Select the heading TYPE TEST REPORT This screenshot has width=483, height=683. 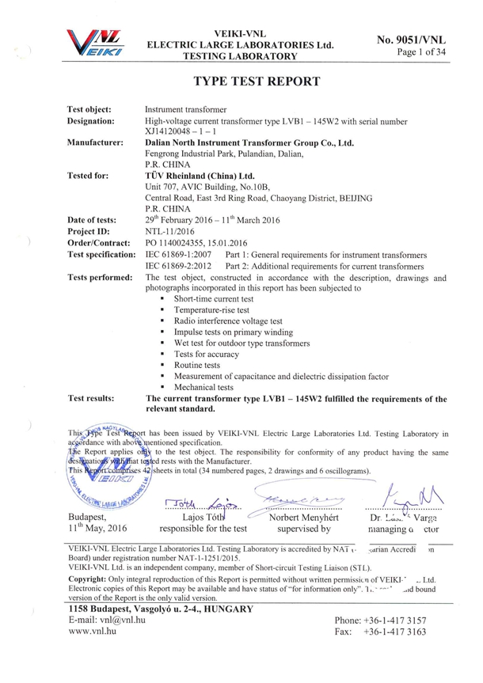[x=257, y=82]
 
